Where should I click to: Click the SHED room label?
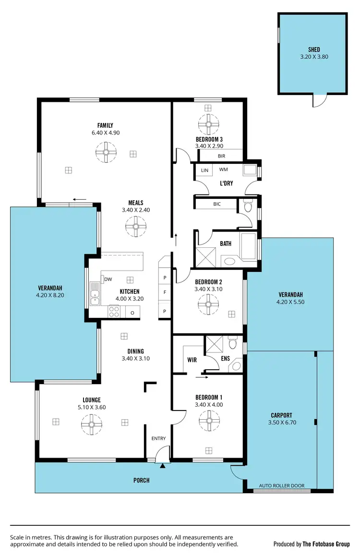(x=314, y=49)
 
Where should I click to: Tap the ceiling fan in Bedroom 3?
(x=208, y=124)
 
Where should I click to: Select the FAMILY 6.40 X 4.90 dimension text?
(x=105, y=133)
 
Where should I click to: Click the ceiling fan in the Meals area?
(x=136, y=226)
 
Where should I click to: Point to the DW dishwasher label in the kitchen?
(x=108, y=279)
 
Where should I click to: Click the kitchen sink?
(x=95, y=294)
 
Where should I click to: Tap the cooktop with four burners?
(x=114, y=312)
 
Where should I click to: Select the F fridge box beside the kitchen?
(x=165, y=292)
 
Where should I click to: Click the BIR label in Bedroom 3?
(x=221, y=156)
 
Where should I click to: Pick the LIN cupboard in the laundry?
(x=204, y=170)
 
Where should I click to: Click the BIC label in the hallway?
(x=217, y=204)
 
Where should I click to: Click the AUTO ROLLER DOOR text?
(x=281, y=485)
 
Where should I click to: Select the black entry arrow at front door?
(x=163, y=465)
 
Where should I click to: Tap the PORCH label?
(x=141, y=480)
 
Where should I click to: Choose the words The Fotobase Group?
(x=326, y=544)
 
